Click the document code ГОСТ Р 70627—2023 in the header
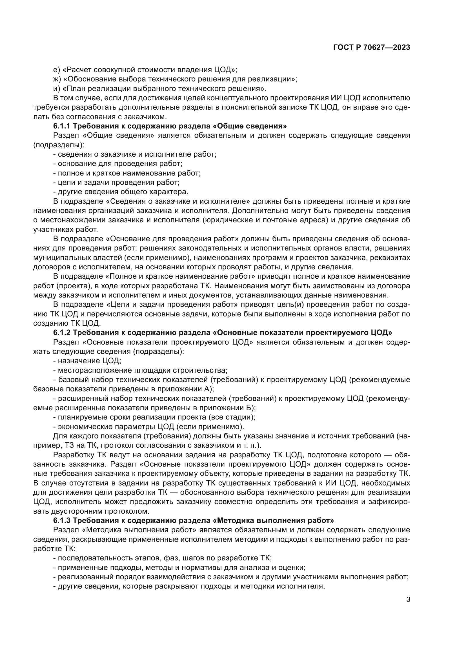[371, 48]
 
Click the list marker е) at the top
[56, 70]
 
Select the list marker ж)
[57, 79]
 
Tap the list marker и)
[56, 88]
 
